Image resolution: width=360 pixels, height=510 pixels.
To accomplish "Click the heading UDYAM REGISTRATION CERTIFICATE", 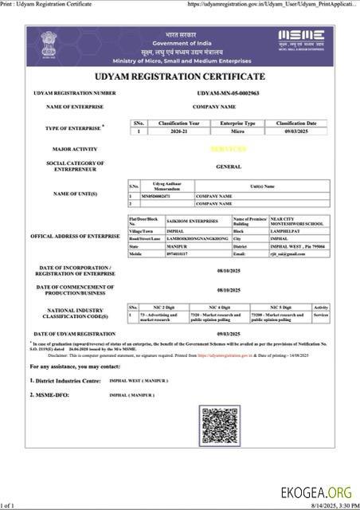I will pyautogui.click(x=180, y=76).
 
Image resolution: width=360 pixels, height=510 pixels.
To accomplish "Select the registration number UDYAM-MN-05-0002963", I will pyautogui.click(x=228, y=93).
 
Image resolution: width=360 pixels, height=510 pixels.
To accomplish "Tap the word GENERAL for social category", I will pyautogui.click(x=229, y=167).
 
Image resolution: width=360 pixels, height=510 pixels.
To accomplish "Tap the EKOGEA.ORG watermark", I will pyautogui.click(x=316, y=492).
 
